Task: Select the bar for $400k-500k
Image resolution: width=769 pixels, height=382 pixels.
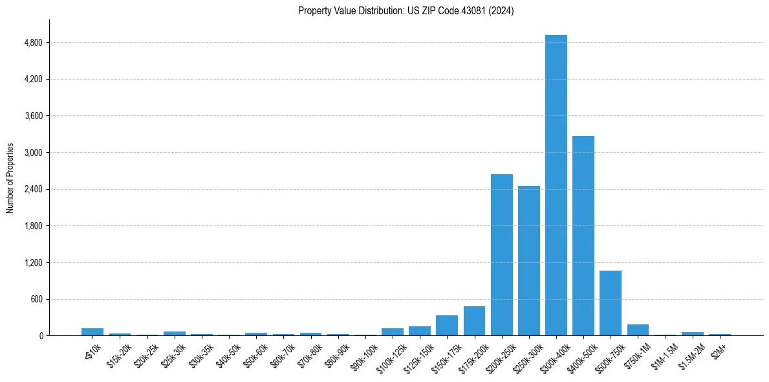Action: (x=583, y=236)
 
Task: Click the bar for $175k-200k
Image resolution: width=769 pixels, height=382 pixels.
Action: (x=474, y=321)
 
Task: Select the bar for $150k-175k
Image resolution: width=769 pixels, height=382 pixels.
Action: (x=447, y=326)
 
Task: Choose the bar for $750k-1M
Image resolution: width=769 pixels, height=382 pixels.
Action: (x=638, y=330)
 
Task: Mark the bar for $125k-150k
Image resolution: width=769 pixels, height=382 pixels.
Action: (x=420, y=331)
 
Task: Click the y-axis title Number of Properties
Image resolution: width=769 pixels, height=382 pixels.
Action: (x=10, y=178)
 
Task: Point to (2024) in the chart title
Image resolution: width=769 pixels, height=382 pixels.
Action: (x=501, y=11)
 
